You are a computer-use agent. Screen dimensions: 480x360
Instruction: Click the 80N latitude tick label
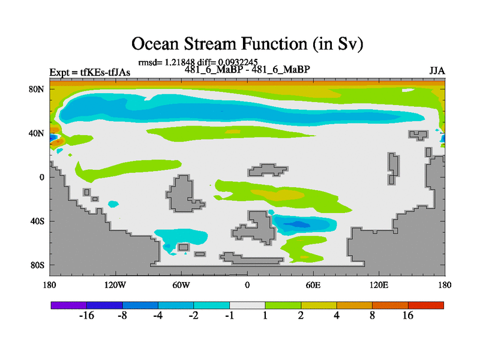(x=37, y=89)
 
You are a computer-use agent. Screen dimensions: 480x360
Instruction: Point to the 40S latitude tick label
(x=37, y=221)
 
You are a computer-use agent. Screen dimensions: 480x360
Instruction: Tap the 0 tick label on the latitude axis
(x=41, y=177)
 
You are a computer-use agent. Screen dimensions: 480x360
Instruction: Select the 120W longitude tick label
(x=115, y=285)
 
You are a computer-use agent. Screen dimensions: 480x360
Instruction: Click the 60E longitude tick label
(x=313, y=285)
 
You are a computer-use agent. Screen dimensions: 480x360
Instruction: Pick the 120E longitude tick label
(x=379, y=285)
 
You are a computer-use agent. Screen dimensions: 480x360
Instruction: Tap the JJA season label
(x=437, y=71)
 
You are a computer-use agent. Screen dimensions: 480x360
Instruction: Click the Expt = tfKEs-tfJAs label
(x=89, y=73)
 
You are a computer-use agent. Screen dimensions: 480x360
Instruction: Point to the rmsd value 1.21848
(x=179, y=62)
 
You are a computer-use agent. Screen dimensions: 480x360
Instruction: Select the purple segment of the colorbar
(x=69, y=305)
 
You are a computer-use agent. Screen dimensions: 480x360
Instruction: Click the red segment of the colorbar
(x=426, y=305)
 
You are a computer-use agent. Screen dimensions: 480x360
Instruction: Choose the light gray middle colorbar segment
(x=247, y=305)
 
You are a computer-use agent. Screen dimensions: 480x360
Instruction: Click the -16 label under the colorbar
(x=86, y=316)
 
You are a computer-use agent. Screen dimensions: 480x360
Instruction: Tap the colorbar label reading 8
(x=372, y=316)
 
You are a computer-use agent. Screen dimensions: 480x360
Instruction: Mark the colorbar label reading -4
(x=158, y=316)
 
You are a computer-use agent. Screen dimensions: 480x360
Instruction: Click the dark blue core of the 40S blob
(x=297, y=224)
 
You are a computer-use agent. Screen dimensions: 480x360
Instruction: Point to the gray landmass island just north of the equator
(x=268, y=170)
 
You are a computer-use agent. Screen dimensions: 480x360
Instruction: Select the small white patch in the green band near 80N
(x=408, y=90)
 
